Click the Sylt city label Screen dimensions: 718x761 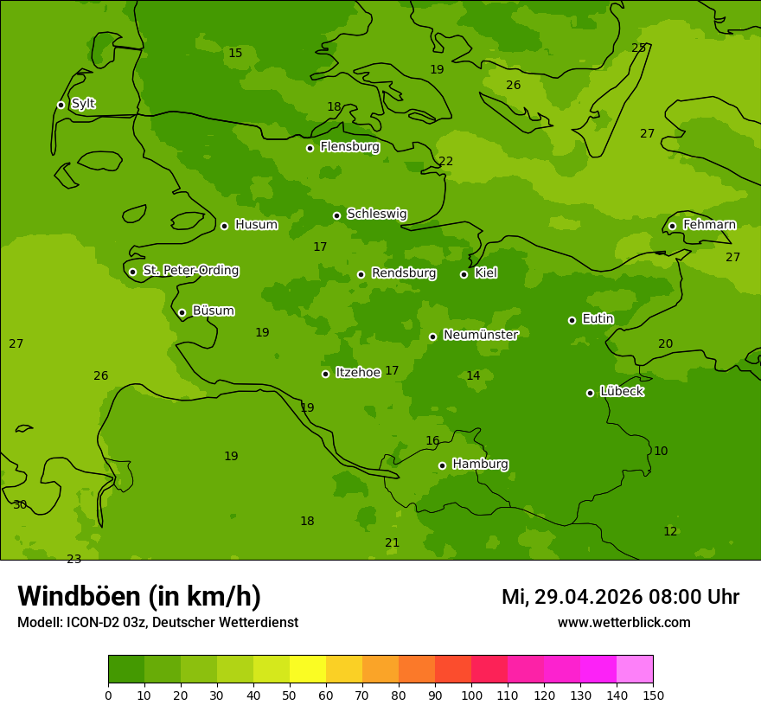[83, 104]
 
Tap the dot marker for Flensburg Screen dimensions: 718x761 [310, 148]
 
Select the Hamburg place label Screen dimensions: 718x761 [480, 465]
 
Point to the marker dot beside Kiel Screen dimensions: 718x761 [464, 274]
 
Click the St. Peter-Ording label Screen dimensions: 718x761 [190, 271]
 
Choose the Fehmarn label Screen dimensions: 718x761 [709, 225]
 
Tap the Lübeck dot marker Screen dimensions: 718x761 [590, 393]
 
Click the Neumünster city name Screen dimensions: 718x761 [480, 336]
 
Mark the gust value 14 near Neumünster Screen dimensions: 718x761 [473, 375]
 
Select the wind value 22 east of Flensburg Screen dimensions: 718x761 [445, 161]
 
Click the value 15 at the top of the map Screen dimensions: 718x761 [235, 53]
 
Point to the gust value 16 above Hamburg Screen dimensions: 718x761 [432, 441]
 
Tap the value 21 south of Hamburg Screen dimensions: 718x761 [392, 542]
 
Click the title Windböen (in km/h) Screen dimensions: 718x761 [138, 596]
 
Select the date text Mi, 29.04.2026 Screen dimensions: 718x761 [572, 597]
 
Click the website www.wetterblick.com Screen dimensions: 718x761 [624, 623]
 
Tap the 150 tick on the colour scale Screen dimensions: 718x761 [653, 696]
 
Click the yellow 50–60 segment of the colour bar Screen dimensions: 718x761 [307, 670]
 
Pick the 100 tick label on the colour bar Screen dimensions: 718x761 [471, 696]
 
